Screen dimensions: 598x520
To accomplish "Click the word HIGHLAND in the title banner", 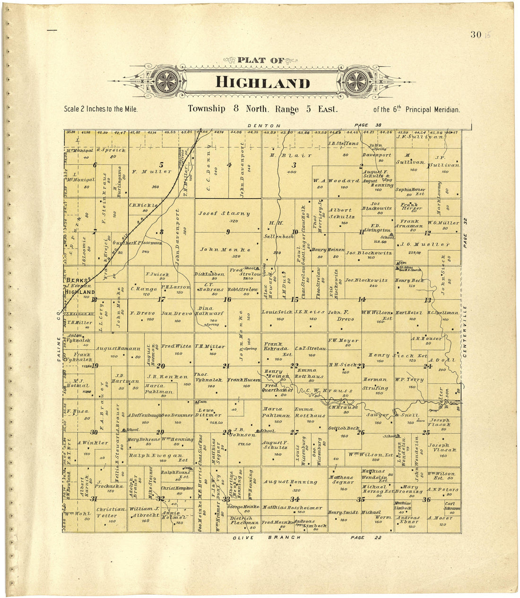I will [262, 82].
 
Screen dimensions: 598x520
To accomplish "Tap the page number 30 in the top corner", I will [475, 35].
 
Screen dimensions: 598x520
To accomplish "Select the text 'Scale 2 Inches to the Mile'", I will [101, 109].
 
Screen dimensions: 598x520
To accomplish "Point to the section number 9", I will [228, 232].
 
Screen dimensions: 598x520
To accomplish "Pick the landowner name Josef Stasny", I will [225, 213].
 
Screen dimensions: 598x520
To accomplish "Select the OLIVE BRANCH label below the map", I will [268, 538].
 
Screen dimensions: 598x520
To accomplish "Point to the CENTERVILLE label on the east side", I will [465, 331].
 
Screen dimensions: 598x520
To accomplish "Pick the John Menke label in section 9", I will [225, 249].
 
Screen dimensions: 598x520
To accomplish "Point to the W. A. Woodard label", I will [336, 181].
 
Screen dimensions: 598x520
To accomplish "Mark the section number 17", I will [162, 299].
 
